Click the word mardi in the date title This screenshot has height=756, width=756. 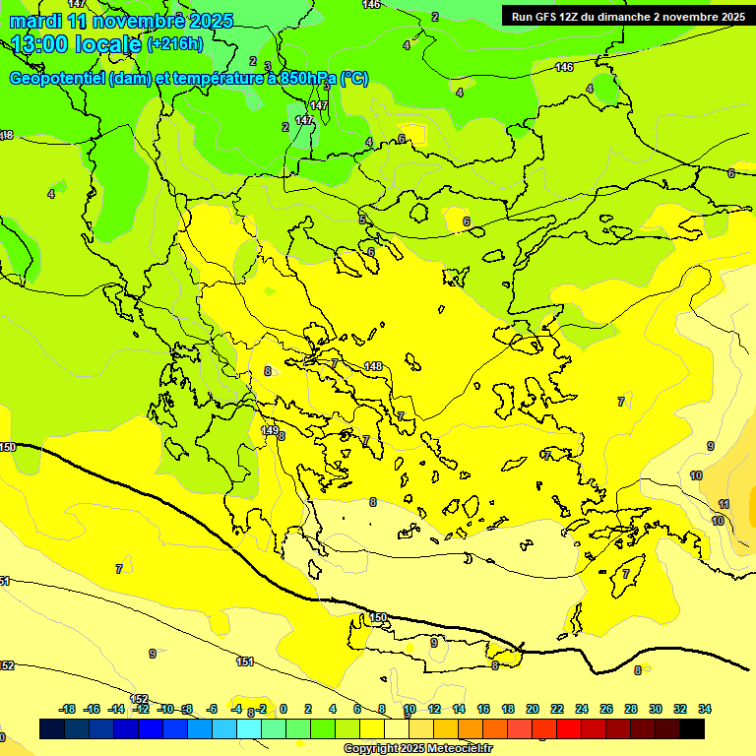click(32, 21)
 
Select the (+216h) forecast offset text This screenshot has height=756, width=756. click(174, 44)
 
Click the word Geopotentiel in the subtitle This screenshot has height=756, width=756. click(57, 79)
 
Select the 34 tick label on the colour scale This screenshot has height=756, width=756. click(705, 709)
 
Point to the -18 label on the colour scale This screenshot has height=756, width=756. click(67, 709)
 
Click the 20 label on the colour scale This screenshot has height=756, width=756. click(533, 709)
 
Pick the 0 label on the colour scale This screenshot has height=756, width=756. click(283, 709)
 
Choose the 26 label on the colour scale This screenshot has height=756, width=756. click(606, 709)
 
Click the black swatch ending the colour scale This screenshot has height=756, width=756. click(692, 728)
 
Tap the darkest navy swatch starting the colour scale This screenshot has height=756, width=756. click(52, 728)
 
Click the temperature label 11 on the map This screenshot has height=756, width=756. click(724, 504)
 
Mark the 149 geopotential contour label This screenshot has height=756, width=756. click(269, 430)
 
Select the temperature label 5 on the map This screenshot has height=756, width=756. click(362, 220)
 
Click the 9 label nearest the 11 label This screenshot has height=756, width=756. click(710, 446)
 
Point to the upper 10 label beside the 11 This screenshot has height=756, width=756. click(696, 475)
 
